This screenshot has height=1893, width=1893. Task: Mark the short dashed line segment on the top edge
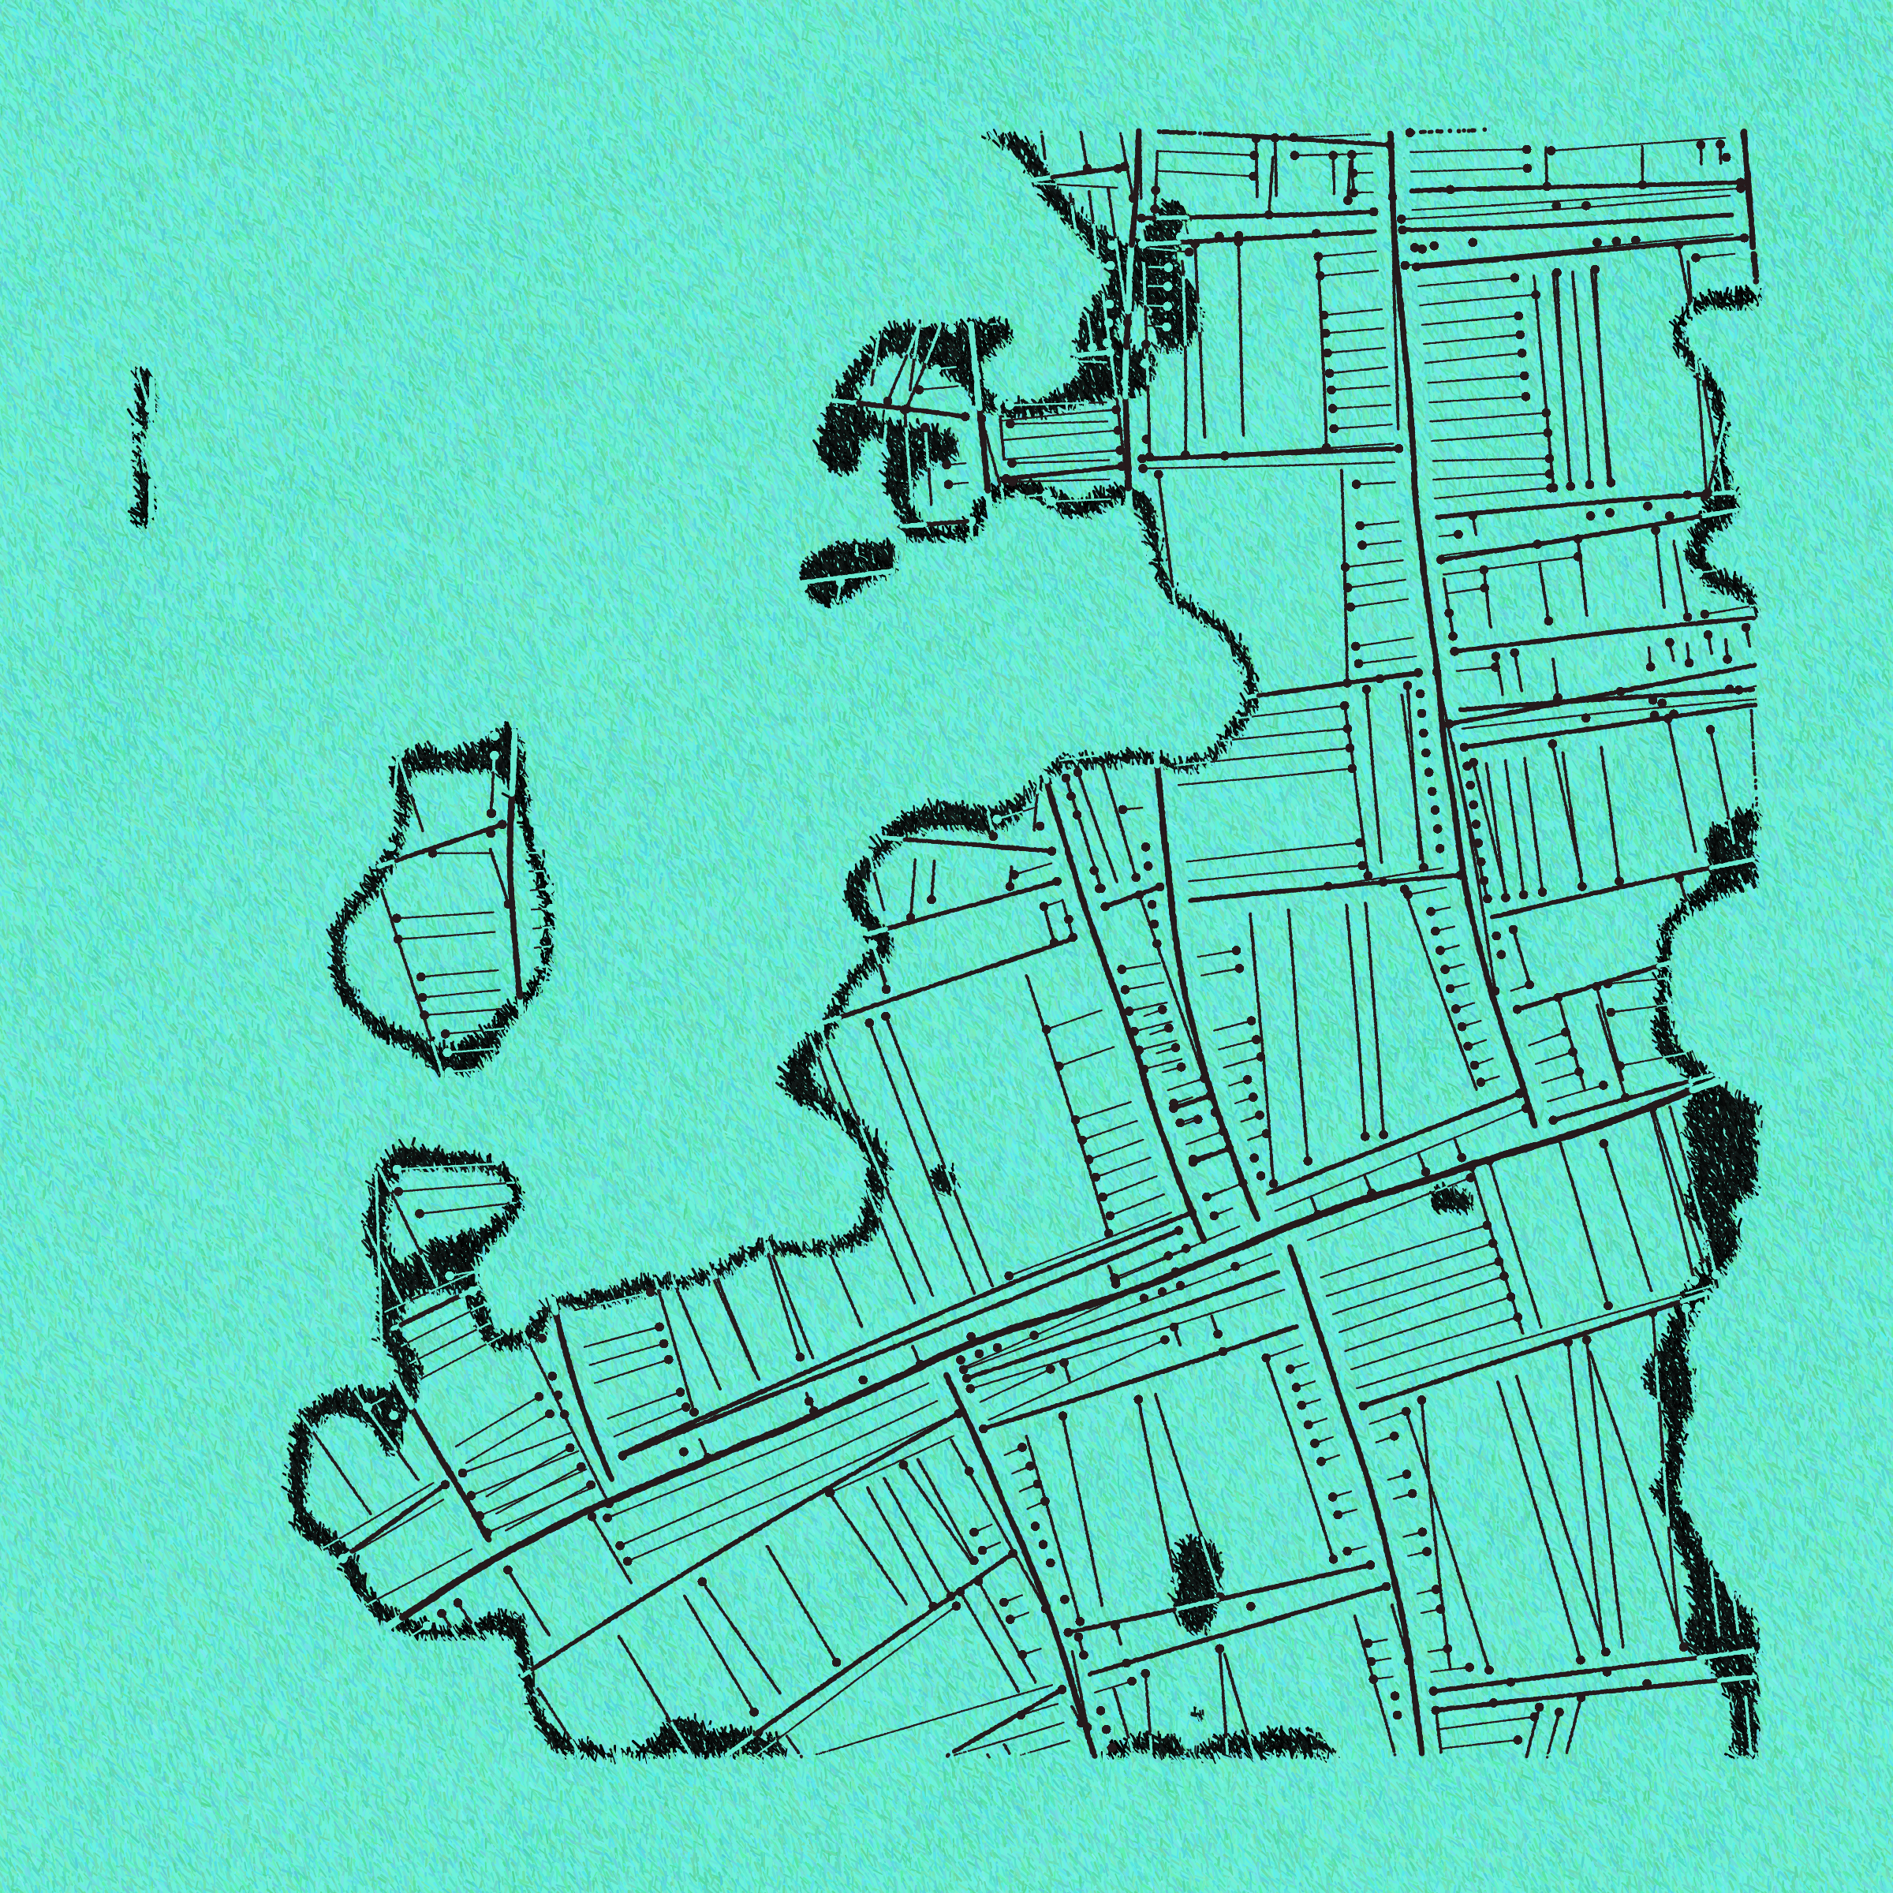[1444, 130]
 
